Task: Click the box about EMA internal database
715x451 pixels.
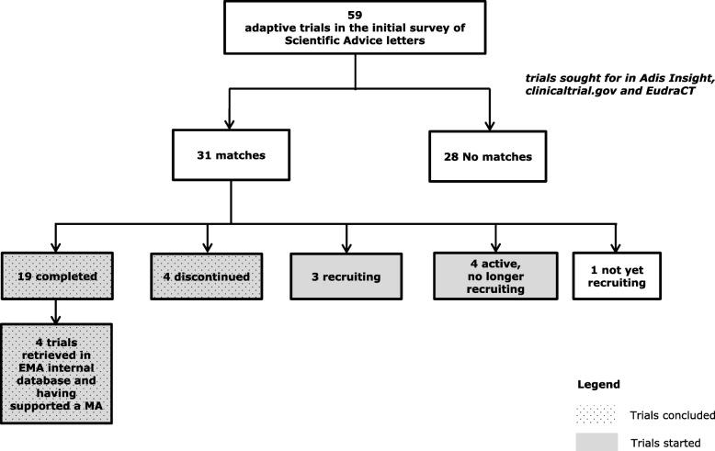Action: pyautogui.click(x=57, y=372)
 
